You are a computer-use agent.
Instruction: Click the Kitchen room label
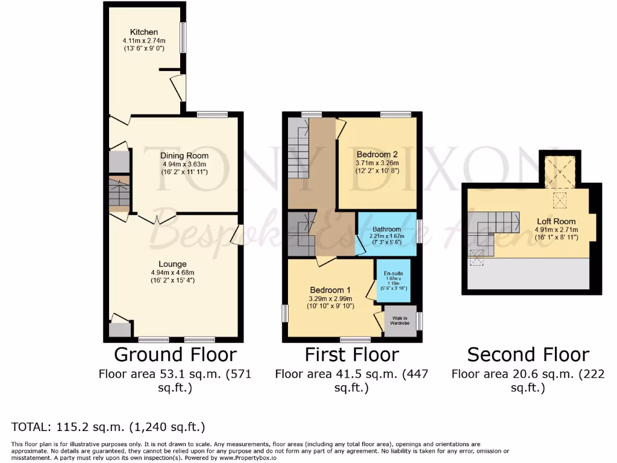point(144,32)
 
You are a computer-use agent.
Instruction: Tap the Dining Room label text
point(184,156)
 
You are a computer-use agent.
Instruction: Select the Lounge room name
point(172,264)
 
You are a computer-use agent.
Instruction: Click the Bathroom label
point(386,229)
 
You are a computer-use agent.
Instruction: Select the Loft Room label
point(556,221)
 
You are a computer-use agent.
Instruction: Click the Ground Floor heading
point(175,354)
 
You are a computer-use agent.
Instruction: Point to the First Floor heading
point(351,354)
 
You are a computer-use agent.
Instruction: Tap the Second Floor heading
point(528,354)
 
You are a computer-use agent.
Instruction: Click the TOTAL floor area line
point(108,427)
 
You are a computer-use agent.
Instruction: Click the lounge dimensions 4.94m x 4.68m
point(172,272)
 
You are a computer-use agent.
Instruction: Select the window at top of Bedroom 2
point(395,115)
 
